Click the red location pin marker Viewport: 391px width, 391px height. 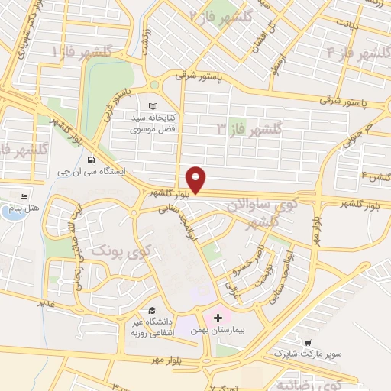coord(196,179)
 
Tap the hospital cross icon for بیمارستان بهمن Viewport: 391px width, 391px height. coord(219,316)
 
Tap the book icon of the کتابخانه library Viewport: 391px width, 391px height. coord(152,105)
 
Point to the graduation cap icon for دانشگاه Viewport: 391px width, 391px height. coord(152,310)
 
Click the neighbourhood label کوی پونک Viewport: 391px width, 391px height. coord(121,250)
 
